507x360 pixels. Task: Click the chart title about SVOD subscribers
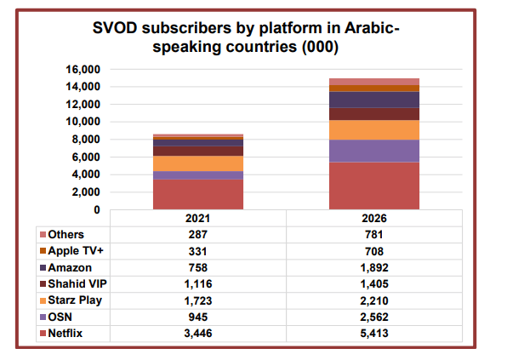pos(246,38)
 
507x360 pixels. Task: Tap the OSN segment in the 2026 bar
pos(374,151)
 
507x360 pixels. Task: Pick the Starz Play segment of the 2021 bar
pos(198,163)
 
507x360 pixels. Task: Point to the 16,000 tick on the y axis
pos(83,69)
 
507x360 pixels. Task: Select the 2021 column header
pos(198,218)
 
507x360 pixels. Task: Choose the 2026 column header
pos(374,218)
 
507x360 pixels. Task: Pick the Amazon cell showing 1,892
pos(374,266)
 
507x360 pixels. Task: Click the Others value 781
pos(374,235)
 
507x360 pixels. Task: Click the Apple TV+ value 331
pos(198,251)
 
